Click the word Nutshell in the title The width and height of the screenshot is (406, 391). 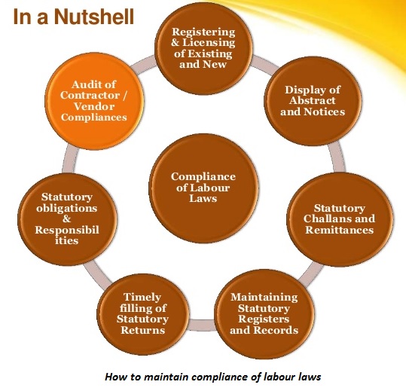(94, 17)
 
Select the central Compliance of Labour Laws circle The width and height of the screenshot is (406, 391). (203, 188)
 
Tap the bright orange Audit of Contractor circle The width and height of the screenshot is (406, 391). (94, 101)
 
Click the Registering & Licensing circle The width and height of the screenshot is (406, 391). (203, 48)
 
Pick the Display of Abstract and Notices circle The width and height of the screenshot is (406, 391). (313, 101)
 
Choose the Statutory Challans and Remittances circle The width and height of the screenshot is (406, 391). (340, 219)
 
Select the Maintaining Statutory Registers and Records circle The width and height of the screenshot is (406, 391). (264, 313)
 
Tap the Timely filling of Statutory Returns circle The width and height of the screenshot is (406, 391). (142, 313)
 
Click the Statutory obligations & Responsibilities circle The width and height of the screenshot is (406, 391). (67, 219)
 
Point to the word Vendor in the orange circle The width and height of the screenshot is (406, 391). (94, 106)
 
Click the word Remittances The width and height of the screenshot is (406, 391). (340, 230)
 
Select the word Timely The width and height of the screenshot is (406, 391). (142, 298)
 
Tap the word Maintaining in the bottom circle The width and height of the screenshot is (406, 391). (264, 298)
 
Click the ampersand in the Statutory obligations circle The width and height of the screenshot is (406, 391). (66, 218)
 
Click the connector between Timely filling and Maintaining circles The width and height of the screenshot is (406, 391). (202, 325)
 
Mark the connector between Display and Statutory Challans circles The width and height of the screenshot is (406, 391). (337, 157)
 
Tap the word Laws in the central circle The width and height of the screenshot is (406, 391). (203, 199)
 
